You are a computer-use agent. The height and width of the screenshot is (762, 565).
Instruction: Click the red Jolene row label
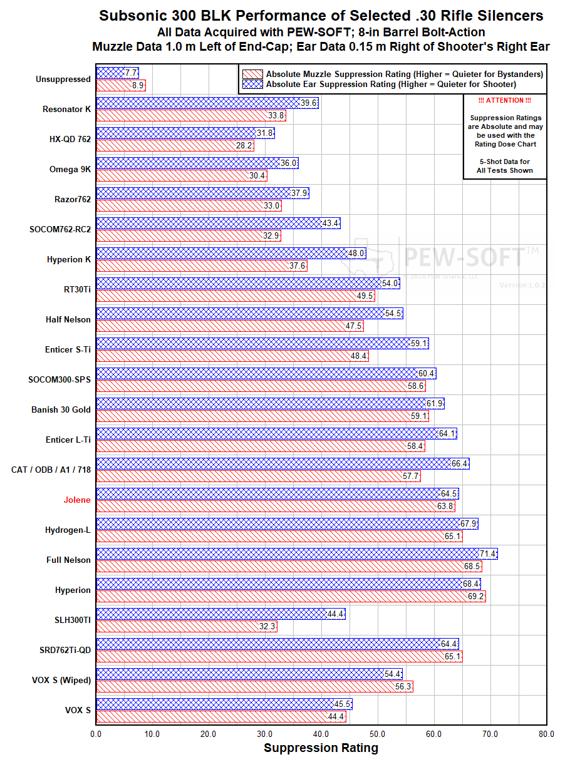[x=76, y=500]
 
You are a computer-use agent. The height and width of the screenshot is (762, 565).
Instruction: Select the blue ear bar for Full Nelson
[x=294, y=553]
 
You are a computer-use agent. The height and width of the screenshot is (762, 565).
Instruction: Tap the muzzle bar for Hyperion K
[x=200, y=266]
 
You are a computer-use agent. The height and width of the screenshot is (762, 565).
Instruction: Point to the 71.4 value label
[x=488, y=553]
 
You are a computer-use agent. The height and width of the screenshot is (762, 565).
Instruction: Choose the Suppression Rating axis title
[x=321, y=748]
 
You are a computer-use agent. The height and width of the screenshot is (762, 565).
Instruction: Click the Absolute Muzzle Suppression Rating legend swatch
[x=253, y=74]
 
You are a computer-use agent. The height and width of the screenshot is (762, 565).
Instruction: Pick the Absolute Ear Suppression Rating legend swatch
[x=253, y=84]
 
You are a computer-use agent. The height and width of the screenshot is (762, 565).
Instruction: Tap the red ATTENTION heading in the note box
[x=505, y=101]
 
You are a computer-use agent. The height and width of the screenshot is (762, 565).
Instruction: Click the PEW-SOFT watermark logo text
[x=464, y=256]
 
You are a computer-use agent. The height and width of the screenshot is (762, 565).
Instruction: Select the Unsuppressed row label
[x=63, y=79]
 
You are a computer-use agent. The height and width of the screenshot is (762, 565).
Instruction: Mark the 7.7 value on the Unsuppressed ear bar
[x=130, y=73]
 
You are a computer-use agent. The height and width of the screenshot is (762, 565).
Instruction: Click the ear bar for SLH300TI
[x=219, y=614]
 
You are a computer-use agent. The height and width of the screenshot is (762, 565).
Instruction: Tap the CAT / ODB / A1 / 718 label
[x=51, y=470]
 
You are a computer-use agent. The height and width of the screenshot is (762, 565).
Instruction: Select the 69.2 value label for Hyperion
[x=476, y=597]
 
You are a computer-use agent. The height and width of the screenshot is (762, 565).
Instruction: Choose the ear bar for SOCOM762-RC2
[x=216, y=223]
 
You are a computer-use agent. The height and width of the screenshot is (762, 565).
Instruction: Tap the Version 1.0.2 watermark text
[x=522, y=285]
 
